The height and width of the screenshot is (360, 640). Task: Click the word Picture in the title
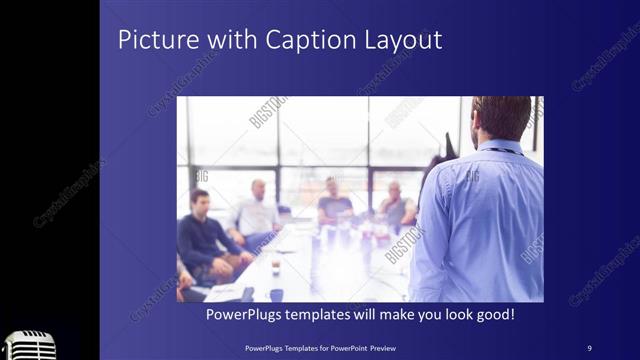point(152,41)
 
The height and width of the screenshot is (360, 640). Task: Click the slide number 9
point(589,347)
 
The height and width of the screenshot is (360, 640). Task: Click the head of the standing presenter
point(501,118)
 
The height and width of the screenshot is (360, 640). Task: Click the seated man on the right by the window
point(394,207)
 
